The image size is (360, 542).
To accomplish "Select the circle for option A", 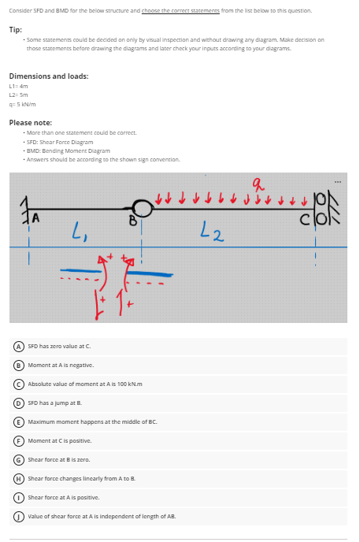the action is pyautogui.click(x=18, y=347).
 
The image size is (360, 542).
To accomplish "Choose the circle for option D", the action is pyautogui.click(x=18, y=403).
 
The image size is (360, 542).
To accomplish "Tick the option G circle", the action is pyautogui.click(x=18, y=460).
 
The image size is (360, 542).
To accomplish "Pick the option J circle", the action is pyautogui.click(x=18, y=517).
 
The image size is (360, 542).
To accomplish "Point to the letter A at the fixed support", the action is pyautogui.click(x=36, y=218).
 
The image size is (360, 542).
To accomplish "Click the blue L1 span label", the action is pyautogui.click(x=79, y=230).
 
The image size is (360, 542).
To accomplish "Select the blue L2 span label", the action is pyautogui.click(x=212, y=232).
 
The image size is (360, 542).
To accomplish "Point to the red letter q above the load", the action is pyautogui.click(x=258, y=186).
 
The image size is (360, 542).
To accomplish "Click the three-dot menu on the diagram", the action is pyautogui.click(x=337, y=182).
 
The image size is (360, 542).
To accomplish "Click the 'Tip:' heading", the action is pyautogui.click(x=16, y=30).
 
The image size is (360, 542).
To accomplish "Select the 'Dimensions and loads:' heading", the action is pyautogui.click(x=49, y=76).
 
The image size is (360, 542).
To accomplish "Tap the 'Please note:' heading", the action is pyautogui.click(x=31, y=123).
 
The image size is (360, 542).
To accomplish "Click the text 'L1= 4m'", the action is pyautogui.click(x=18, y=86).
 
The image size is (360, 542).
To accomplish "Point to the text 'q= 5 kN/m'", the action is pyautogui.click(x=22, y=104).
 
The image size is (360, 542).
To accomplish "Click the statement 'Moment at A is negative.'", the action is pyautogui.click(x=61, y=365).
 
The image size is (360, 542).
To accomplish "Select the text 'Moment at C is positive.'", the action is pyautogui.click(x=60, y=440).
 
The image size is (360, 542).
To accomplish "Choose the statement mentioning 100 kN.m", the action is pyautogui.click(x=85, y=384).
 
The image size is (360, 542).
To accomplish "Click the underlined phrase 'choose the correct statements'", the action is pyautogui.click(x=180, y=10).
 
